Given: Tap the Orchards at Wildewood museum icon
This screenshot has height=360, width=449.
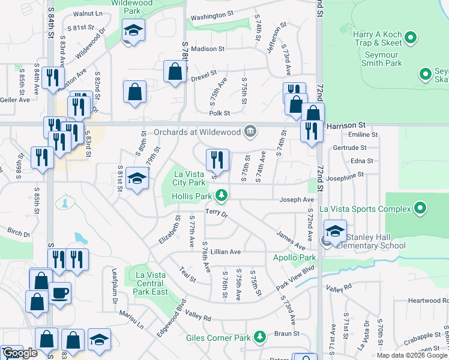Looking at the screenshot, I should pyautogui.click(x=250, y=131).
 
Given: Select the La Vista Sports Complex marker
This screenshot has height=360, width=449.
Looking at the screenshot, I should pyautogui.click(x=420, y=209).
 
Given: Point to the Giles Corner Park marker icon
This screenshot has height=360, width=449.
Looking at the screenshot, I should pyautogui.click(x=260, y=338).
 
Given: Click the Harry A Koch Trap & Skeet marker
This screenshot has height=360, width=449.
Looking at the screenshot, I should pyautogui.click(x=411, y=40).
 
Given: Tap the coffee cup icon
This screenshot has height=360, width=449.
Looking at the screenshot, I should pyautogui.click(x=60, y=293).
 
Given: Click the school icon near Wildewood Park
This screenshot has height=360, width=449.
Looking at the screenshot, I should pyautogui.click(x=133, y=30).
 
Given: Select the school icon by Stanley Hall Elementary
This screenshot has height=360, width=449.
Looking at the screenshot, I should pyautogui.click(x=335, y=230).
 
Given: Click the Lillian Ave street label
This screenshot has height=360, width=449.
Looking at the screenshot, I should pyautogui.click(x=225, y=252).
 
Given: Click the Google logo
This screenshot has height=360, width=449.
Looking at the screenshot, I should pyautogui.click(x=20, y=353).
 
